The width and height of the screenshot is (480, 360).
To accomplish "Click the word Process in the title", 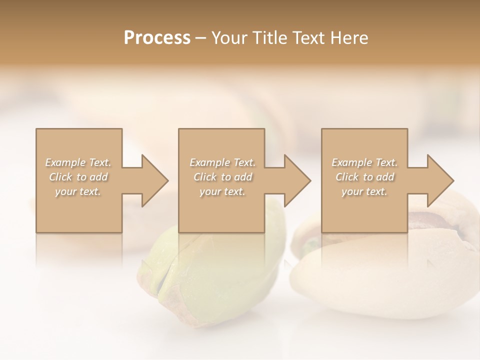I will point(157,38).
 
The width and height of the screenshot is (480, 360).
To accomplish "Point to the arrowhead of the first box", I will point(154,180).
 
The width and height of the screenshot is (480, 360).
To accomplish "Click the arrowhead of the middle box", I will point(297,180).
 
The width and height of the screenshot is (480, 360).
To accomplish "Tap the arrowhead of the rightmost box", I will point(440,180).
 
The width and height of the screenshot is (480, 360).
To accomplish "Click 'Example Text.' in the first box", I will point(78,162).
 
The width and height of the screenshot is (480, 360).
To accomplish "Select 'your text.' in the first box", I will point(78,191).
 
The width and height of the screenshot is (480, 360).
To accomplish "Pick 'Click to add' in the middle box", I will point(222,177).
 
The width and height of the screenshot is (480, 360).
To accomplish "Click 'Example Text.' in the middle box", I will point(222,162).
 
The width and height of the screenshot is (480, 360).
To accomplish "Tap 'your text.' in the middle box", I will point(222,191).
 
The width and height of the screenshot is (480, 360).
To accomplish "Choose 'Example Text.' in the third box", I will point(364,162).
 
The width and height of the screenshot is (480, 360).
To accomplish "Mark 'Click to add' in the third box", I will point(364,177).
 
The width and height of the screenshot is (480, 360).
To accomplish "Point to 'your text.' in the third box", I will point(364,191).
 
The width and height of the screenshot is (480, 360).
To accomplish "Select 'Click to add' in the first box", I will point(78,177).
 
